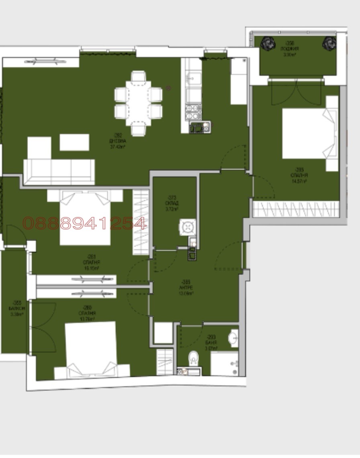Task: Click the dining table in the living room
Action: pyautogui.click(x=138, y=102)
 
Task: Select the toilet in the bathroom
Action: pyautogui.click(x=193, y=357)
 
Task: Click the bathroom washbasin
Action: pyautogui.click(x=233, y=338)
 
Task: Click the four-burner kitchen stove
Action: pyautogui.click(x=193, y=112)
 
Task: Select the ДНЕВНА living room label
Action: pyautogui.click(x=118, y=144)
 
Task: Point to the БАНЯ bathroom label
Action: pyautogui.click(x=211, y=343)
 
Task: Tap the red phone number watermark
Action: pyautogui.click(x=84, y=223)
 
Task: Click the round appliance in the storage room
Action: pyautogui.click(x=187, y=227)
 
